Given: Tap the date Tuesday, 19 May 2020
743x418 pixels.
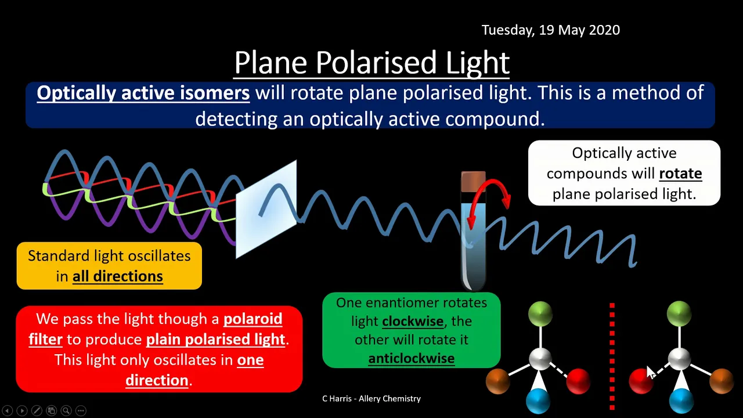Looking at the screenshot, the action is point(551,30).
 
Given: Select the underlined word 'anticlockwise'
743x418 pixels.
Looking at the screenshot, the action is point(412,359).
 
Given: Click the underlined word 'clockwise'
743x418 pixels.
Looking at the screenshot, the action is point(413,321).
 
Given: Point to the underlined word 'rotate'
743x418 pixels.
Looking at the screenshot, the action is point(680,174).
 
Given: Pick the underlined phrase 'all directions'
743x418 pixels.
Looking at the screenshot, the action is point(118,276).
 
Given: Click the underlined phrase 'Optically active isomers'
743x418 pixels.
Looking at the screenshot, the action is point(143,93).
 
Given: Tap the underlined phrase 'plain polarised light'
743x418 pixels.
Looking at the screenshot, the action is point(215,340).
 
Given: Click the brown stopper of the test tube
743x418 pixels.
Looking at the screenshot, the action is point(473,182).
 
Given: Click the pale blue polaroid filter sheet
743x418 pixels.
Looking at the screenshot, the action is point(266,209).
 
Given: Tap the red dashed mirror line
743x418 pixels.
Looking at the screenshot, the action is point(612,356).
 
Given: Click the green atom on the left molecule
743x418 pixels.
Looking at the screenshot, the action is point(540,313).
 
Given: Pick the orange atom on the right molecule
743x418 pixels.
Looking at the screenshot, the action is point(721,381).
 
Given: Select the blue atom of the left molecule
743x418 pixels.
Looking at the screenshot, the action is point(538,401).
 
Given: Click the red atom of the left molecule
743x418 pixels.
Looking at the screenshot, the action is point(578,381).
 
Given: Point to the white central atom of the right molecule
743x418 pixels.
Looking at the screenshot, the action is point(679,359).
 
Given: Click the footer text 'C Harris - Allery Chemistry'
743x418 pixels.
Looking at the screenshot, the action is point(371,398).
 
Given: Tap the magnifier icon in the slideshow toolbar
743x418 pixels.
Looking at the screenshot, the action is point(66,410).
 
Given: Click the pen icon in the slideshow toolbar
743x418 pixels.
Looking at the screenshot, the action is point(37,410).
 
